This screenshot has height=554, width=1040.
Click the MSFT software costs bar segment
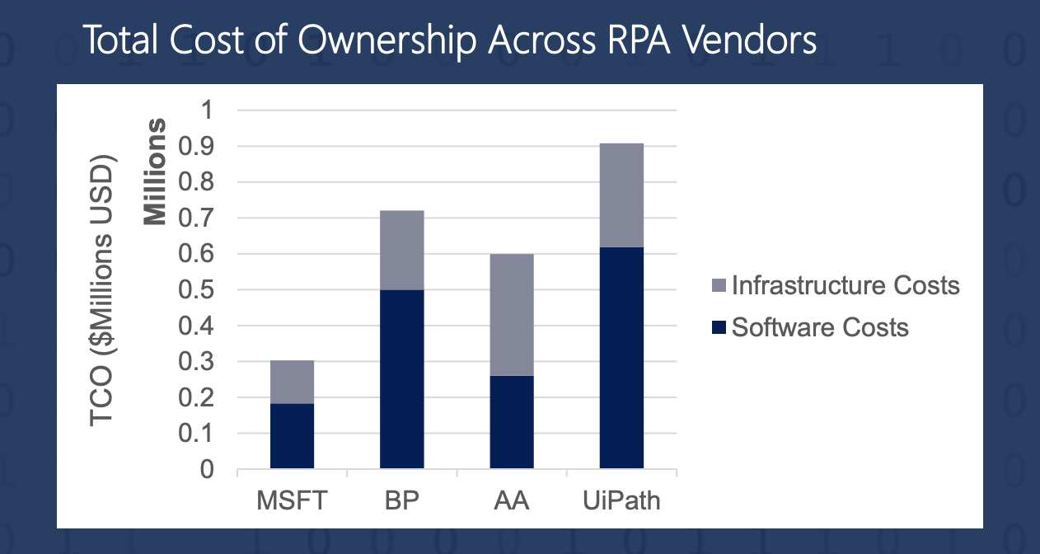292,436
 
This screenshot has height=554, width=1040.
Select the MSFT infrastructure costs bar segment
292,382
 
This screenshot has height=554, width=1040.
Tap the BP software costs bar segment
402,379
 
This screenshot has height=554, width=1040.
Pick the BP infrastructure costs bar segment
402,250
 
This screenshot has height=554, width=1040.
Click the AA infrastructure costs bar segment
512,314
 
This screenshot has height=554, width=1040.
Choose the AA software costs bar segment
512,422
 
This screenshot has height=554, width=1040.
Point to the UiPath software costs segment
621,358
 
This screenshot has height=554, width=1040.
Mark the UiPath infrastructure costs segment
621,195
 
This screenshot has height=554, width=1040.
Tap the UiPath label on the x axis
621,500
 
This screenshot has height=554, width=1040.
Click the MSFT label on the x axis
292,500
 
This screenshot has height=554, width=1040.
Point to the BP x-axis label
402,500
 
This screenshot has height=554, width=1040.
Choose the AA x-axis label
512,500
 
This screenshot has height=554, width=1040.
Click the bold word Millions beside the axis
156,171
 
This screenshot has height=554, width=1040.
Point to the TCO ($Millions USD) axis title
104,289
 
